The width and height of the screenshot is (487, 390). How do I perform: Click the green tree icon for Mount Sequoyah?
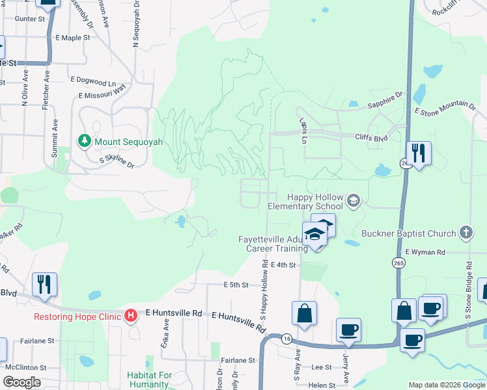click(x=84, y=140)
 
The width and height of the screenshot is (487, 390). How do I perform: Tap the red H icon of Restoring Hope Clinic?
click(x=130, y=317)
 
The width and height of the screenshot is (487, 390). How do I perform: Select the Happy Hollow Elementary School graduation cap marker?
click(x=353, y=200)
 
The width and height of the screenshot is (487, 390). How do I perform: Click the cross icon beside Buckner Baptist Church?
click(x=466, y=232)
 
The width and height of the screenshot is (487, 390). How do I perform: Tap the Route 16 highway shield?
click(x=286, y=339)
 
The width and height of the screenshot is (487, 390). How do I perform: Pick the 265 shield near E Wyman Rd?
click(x=398, y=262)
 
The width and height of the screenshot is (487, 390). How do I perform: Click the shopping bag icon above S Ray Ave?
click(x=304, y=314)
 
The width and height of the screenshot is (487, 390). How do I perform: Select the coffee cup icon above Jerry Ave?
click(x=348, y=330)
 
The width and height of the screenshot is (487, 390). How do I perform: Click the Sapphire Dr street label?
click(x=385, y=95)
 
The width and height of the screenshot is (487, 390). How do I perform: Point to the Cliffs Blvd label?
click(x=371, y=137)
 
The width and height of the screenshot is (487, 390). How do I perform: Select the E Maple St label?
click(x=73, y=38)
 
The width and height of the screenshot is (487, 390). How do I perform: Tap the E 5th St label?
click(x=236, y=285)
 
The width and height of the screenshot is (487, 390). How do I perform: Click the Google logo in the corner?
click(x=21, y=382)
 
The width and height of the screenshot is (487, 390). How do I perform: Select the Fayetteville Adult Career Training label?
click(x=272, y=244)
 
